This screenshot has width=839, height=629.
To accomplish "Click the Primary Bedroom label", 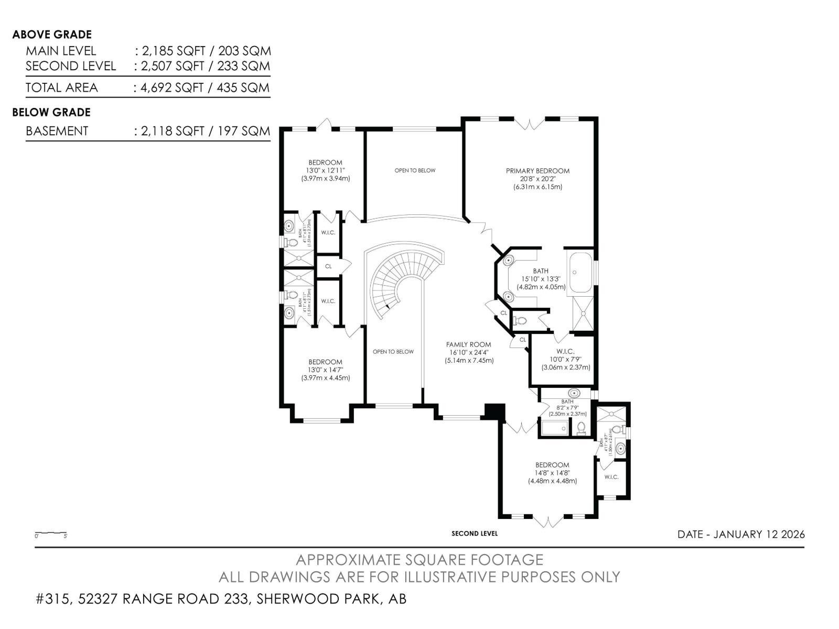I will pyautogui.click(x=537, y=171).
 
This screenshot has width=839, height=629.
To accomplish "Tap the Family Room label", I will pyautogui.click(x=469, y=345).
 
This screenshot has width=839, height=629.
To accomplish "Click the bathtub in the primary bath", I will pyautogui.click(x=580, y=273).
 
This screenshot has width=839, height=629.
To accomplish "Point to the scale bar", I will pyautogui.click(x=51, y=534).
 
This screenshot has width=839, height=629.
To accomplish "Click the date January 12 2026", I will pyautogui.click(x=741, y=534).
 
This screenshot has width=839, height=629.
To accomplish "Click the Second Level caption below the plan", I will pyautogui.click(x=475, y=534).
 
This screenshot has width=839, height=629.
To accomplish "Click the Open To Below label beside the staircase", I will pyautogui.click(x=393, y=352).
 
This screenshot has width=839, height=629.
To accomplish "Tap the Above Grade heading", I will pyautogui.click(x=52, y=35).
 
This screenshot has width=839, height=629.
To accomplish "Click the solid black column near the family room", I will pyautogui.click(x=494, y=411).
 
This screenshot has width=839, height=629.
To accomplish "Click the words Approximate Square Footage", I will pyautogui.click(x=419, y=560).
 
